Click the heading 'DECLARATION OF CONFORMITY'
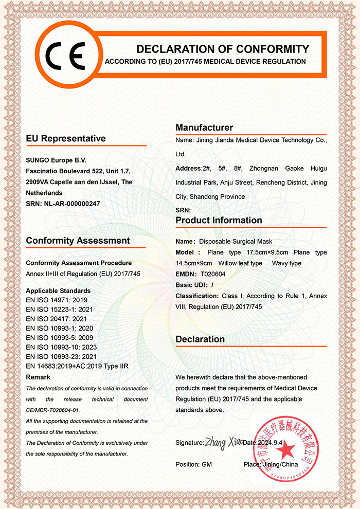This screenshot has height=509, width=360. point(223,49)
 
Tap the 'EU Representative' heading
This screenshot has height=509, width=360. point(66,138)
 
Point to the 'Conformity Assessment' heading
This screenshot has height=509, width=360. point(78,241)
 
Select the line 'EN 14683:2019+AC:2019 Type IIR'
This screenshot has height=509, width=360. point(77,366)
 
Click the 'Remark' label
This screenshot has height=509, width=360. point(38,377)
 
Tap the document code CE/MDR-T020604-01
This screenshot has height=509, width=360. point(53,410)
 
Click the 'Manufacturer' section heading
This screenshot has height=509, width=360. point(204,128)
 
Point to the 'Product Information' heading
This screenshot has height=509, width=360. point(219,220)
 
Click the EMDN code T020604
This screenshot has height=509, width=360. point(213,274)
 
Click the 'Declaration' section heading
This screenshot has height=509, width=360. point(200,339)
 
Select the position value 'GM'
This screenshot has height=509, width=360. point(207,464)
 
